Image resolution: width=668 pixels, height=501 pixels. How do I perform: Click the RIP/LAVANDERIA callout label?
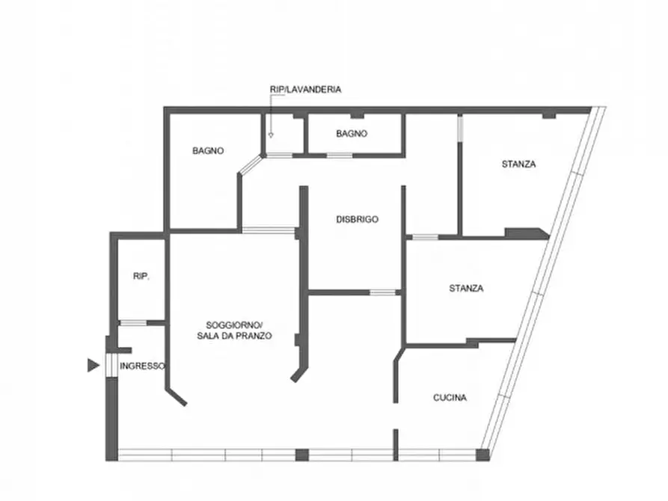coord(305,90)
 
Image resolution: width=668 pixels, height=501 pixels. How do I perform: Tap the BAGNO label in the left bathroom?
coord(208,151)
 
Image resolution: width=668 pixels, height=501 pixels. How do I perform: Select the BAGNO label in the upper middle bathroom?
coord(352,134)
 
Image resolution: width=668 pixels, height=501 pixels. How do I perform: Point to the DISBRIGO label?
coord(357,219)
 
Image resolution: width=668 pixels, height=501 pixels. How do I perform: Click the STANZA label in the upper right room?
coord(518,164)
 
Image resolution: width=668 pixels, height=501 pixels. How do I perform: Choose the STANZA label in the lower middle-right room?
coord(466,289)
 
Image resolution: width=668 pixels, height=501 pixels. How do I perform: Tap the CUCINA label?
coord(450,398)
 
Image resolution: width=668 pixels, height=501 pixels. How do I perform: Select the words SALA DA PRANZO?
coord(234,336)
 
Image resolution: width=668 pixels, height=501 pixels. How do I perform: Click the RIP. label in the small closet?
coord(141,276)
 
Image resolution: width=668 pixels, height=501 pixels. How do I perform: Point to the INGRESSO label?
coord(142,366)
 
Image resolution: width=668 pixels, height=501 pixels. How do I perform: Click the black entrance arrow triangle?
coord(94,366)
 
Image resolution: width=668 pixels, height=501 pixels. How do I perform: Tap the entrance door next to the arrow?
coord(111,366)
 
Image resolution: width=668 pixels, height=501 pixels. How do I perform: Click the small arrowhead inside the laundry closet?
coord(271,135)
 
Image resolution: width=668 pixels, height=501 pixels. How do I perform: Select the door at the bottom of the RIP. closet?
coord(133,323)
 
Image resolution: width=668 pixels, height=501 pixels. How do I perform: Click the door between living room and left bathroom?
coord(269,230)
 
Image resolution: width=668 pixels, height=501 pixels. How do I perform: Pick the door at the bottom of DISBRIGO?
coord(382,292)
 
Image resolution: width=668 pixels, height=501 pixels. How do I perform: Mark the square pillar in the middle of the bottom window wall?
coord(302,455)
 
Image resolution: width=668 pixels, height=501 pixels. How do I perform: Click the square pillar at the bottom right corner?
coord(482,455)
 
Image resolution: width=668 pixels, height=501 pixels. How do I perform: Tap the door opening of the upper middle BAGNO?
coord(340,156)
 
